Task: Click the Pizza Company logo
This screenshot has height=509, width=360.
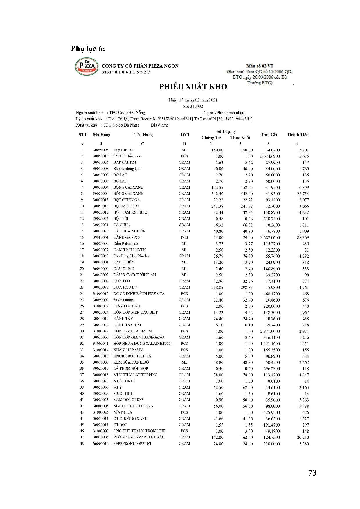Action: point(87,67)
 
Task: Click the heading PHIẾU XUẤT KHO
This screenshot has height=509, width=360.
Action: point(193,87)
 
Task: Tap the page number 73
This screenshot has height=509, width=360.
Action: point(312,473)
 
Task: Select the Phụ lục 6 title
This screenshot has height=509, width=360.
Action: point(88,48)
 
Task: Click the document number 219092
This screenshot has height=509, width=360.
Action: point(197,106)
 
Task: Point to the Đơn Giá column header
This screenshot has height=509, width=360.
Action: point(269,135)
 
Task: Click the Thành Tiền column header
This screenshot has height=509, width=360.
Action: point(298,135)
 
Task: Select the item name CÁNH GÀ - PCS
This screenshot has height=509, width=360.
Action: point(127,237)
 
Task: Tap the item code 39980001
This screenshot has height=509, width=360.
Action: point(100,237)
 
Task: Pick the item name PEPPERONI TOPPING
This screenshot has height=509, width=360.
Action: point(132,443)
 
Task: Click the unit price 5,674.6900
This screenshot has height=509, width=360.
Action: point(270,156)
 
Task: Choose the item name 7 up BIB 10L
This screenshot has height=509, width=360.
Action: point(124,150)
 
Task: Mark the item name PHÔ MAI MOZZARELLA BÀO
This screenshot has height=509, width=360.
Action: point(139,437)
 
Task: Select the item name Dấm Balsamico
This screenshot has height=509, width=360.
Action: point(125,244)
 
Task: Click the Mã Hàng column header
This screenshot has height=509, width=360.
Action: point(102,135)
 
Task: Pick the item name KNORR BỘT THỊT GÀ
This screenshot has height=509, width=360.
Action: point(132,356)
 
